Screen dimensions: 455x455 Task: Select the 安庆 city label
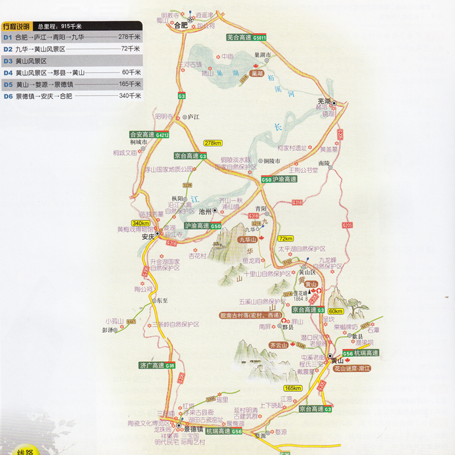(148, 237)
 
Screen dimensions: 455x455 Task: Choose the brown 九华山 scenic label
(247, 239)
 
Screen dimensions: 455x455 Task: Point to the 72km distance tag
(286, 238)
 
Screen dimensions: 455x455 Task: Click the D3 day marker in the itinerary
(8, 61)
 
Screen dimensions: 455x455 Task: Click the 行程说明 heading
(15, 26)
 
